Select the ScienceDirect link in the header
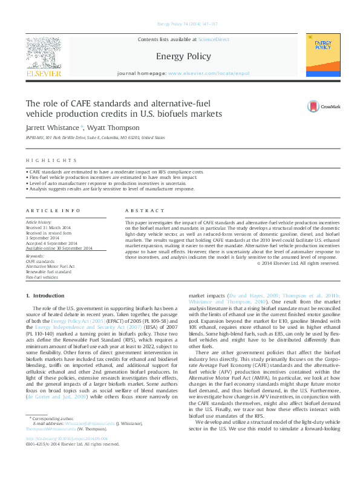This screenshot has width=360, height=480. coord(214,39)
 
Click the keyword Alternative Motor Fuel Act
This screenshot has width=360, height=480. coord(50,266)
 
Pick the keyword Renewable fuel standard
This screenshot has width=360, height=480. coord(48,271)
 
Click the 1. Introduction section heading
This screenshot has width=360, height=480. coord(42,296)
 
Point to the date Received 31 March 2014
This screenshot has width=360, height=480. coord(48,227)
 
